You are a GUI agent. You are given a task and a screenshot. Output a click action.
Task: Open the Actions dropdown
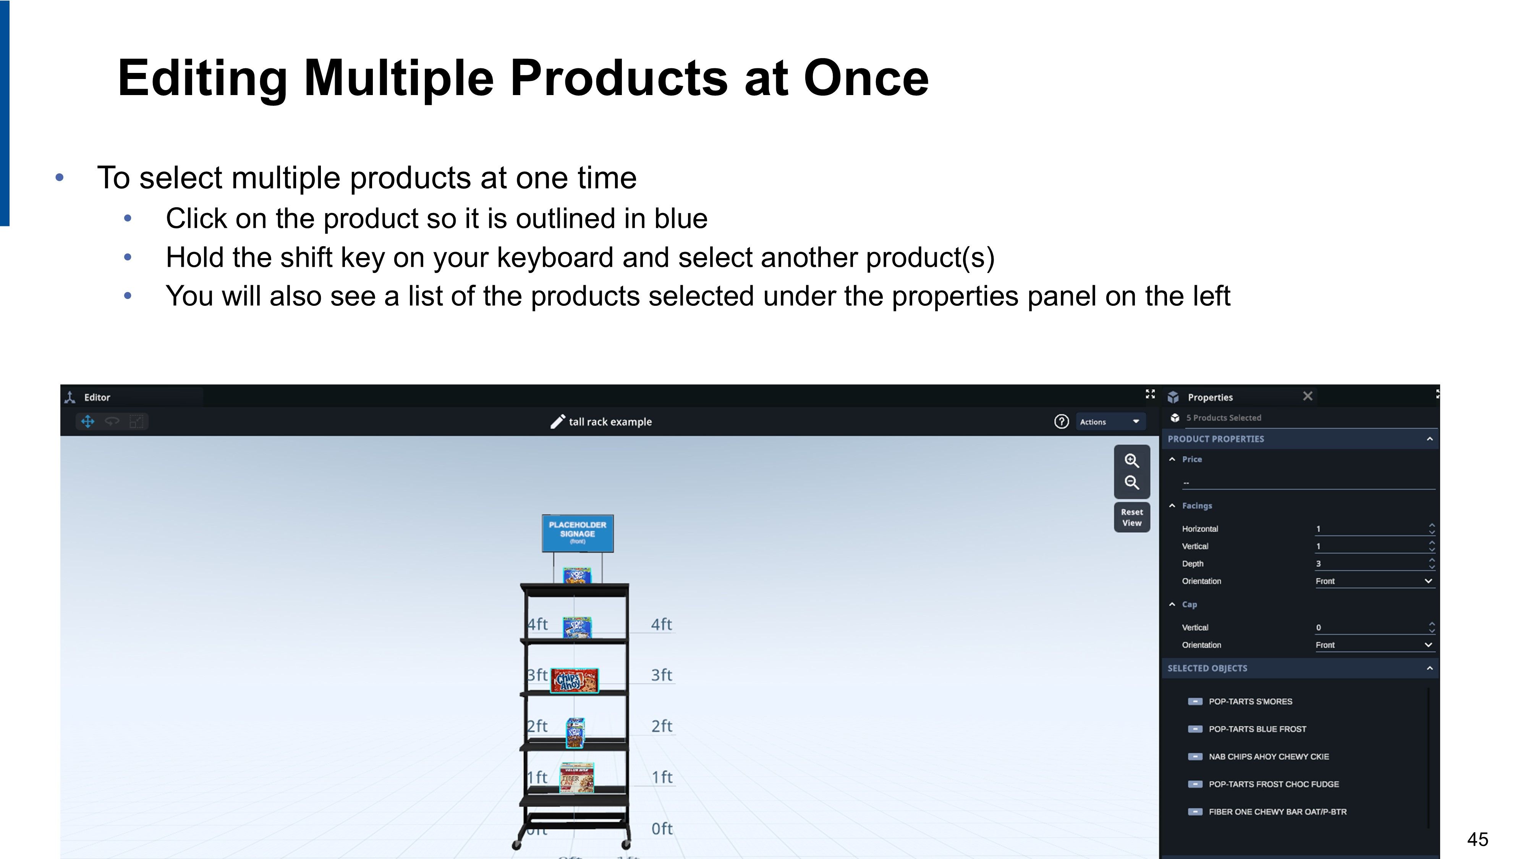pos(1110,421)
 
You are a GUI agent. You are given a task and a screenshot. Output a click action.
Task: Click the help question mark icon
pos(1061,421)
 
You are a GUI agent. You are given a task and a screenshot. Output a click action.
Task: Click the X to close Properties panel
pos(1307,396)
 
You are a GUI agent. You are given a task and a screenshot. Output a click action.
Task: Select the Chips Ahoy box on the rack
pos(574,681)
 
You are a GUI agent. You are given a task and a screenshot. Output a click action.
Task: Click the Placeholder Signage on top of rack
pos(578,533)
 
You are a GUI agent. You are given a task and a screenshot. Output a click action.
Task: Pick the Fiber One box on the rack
pos(576,778)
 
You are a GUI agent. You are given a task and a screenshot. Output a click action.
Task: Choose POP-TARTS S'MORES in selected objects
pos(1250,701)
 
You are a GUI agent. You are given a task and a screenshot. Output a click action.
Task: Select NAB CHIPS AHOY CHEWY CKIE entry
pos(1268,756)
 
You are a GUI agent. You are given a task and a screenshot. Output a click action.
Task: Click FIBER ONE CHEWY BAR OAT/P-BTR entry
pos(1277,812)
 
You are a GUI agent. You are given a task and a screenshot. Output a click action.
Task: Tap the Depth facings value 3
pos(1318,564)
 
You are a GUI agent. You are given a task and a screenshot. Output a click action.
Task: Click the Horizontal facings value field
pos(1370,529)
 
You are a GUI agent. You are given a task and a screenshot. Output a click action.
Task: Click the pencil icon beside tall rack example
pos(558,421)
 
